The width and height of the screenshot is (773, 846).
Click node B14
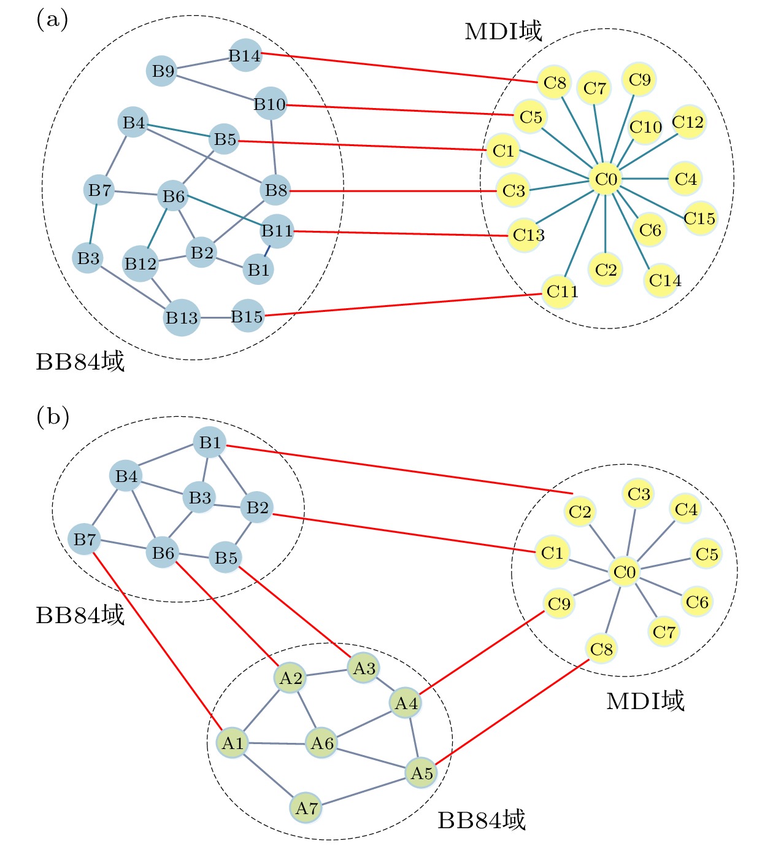click(245, 56)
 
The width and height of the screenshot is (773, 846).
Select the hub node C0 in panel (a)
click(606, 179)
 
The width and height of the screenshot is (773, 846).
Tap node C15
click(699, 218)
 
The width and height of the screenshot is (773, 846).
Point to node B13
click(182, 317)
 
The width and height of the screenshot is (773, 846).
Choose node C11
click(562, 291)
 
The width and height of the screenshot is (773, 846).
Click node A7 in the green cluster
click(306, 807)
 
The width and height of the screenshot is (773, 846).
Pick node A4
click(406, 703)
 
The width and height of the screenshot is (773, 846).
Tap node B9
click(163, 71)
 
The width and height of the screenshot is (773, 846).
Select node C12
click(688, 122)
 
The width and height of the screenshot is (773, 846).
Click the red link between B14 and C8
click(399, 68)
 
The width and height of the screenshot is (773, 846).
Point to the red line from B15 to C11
click(405, 305)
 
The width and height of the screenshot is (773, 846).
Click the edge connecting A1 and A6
click(277, 743)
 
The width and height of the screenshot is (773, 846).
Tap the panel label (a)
click(52, 20)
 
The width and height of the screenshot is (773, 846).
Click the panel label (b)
click(53, 417)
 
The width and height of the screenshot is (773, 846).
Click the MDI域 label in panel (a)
click(503, 31)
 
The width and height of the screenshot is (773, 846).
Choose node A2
click(291, 678)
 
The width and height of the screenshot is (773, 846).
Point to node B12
click(140, 264)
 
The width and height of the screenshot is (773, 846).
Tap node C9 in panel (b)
click(559, 603)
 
